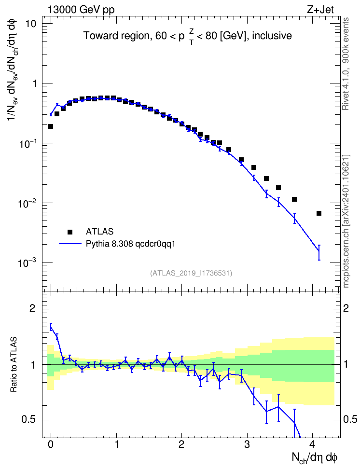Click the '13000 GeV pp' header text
point(81,10)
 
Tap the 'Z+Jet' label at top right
point(320,9)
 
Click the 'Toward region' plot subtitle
point(117,36)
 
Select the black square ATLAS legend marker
point(69,232)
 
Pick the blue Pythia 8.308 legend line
point(70,244)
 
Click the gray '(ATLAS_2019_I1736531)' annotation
point(191,273)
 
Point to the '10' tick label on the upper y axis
point(30,24)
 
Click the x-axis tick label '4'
point(312,444)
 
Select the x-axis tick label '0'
point(51,444)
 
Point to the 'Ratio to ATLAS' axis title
point(14,365)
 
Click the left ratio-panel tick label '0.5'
point(29,420)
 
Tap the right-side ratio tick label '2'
point(346,308)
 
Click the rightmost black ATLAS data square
point(319,213)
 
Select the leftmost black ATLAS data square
point(51,126)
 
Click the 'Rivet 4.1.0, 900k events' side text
point(346,64)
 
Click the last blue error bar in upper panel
point(319,252)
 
